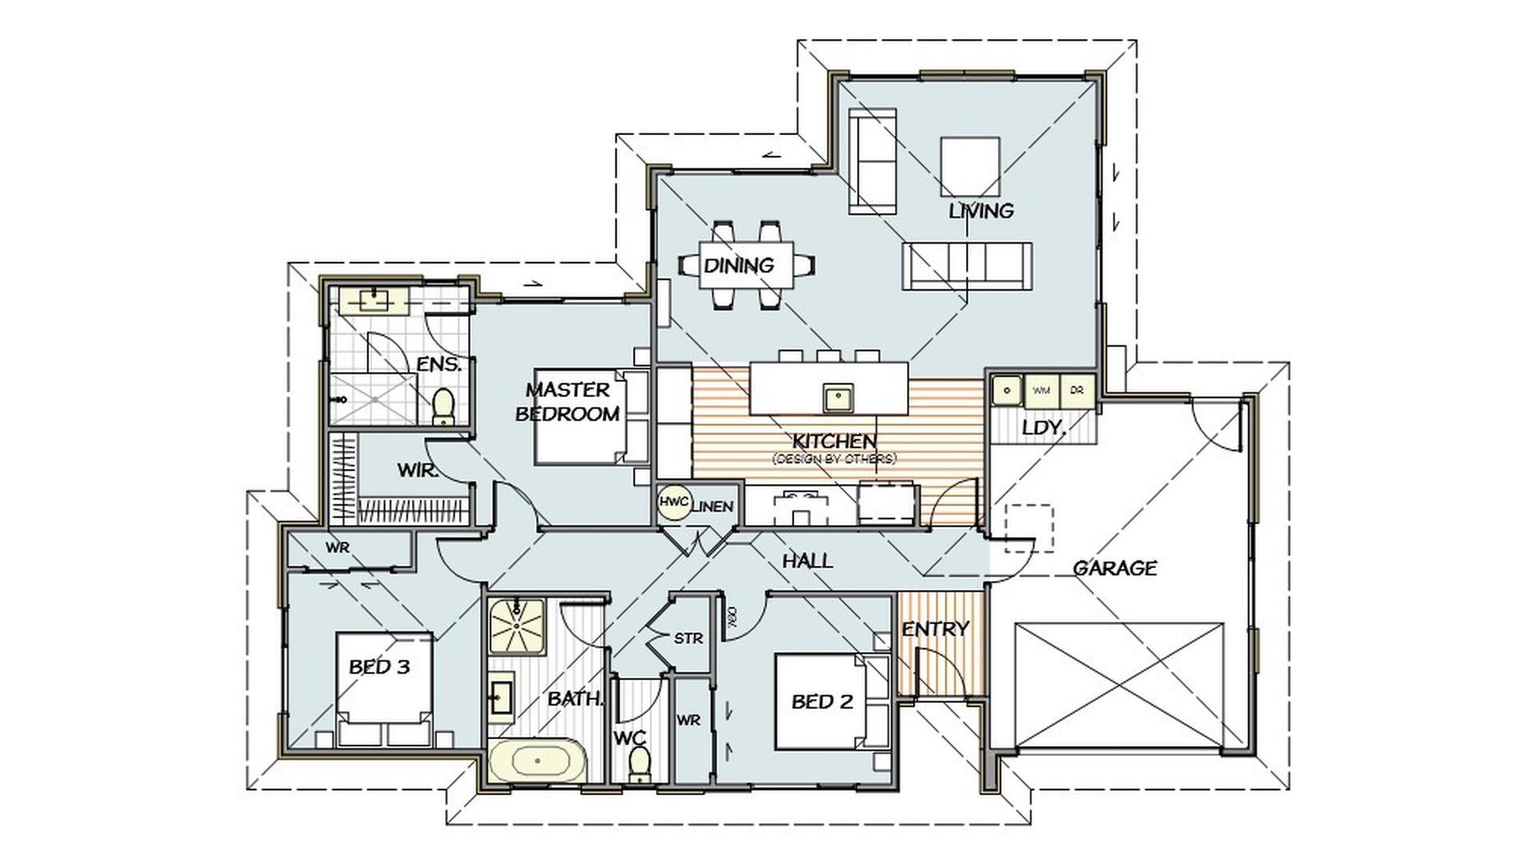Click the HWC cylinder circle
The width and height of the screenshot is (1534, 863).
(x=674, y=503)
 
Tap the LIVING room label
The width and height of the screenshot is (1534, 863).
(x=981, y=211)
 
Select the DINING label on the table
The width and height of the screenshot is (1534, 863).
(x=739, y=264)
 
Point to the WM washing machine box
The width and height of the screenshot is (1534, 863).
(x=1042, y=391)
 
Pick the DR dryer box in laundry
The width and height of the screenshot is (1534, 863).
(x=1076, y=391)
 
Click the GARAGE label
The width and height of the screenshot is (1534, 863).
(x=1114, y=568)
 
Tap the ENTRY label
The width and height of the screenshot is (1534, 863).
(x=935, y=629)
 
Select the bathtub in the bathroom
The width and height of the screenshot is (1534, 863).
(x=538, y=761)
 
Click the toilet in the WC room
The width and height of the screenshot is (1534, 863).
(x=638, y=765)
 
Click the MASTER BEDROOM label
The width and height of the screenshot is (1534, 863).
(x=567, y=402)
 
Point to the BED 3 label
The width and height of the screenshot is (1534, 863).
(x=379, y=666)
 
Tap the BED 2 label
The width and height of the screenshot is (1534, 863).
(x=821, y=702)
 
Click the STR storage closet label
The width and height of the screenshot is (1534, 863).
(x=688, y=638)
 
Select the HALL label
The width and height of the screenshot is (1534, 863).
(x=807, y=561)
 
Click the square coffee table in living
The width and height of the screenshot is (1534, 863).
(x=970, y=166)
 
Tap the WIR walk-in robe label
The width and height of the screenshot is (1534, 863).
(x=418, y=471)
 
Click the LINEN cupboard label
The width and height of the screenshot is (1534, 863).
(x=712, y=507)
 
